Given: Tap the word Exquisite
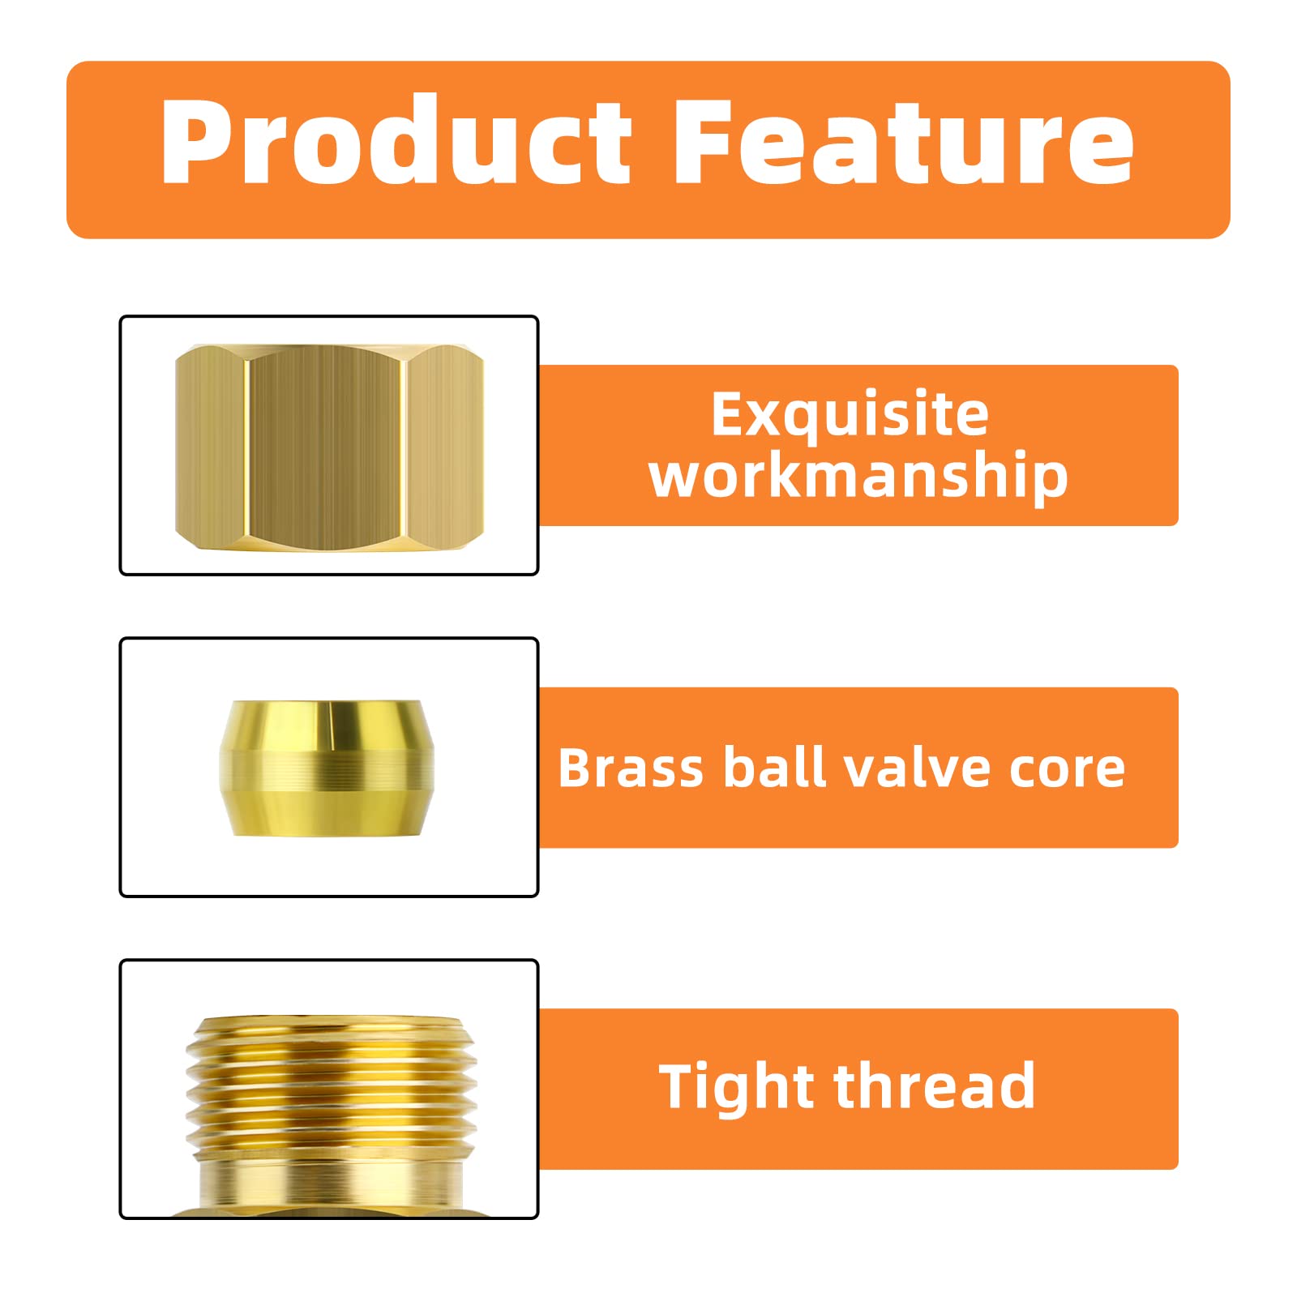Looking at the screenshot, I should [x=850, y=415].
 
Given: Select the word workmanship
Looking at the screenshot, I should [x=858, y=477].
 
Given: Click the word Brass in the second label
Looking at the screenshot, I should [x=631, y=768].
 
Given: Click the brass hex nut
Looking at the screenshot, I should [x=329, y=447].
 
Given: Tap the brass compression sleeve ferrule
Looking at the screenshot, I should [x=327, y=768].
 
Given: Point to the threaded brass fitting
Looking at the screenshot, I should [x=331, y=1094].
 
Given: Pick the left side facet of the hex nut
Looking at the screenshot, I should [x=209, y=447].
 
